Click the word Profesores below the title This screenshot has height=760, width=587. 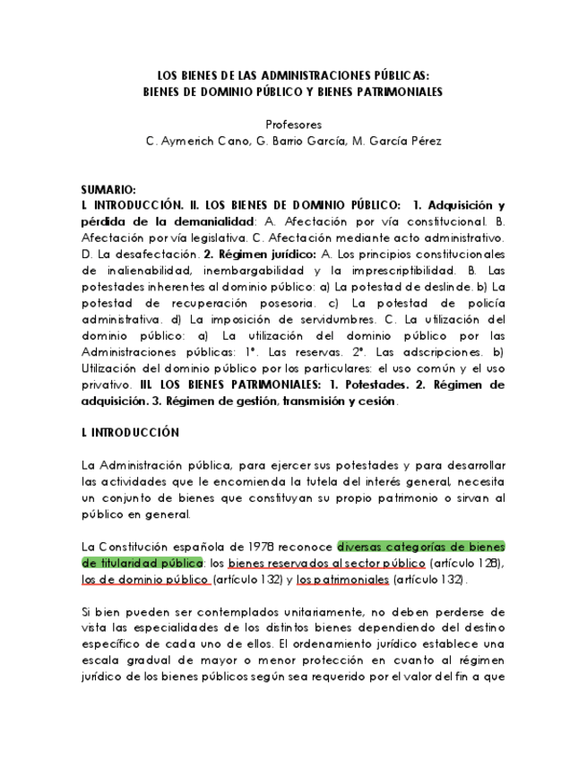(x=294, y=125)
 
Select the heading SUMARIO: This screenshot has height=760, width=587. (x=108, y=191)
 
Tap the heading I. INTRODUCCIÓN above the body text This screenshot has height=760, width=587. (x=130, y=433)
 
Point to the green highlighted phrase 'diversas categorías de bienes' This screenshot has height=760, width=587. (x=420, y=546)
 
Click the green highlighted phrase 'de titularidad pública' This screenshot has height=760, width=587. (x=142, y=562)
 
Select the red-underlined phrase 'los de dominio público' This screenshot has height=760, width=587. (x=144, y=579)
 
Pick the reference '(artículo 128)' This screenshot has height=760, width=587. (x=467, y=562)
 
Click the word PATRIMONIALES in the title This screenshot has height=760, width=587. (x=389, y=91)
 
